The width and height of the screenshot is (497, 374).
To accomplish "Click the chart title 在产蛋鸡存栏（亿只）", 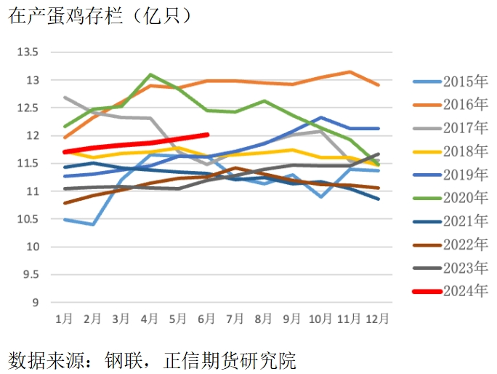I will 100,16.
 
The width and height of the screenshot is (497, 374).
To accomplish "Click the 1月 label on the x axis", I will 64,319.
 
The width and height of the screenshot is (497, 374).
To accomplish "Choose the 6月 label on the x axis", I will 207,319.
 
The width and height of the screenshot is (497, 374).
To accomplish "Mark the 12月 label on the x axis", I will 377,319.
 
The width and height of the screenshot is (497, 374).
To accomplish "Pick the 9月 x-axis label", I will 292,319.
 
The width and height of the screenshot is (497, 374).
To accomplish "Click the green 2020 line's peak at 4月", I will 150,74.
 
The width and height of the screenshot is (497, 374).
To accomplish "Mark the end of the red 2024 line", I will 207,135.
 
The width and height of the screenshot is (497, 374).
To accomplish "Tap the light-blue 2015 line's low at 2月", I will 92,224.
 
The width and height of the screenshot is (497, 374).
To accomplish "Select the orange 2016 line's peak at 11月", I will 349,72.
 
